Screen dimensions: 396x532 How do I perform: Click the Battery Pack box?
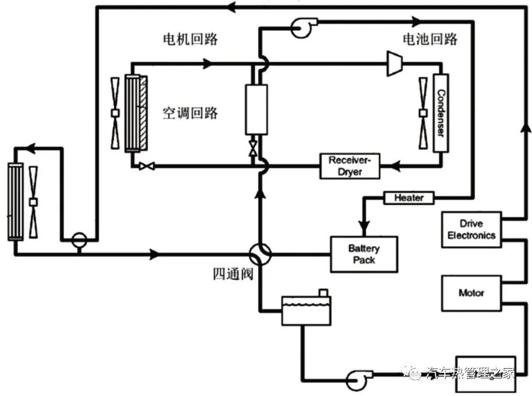364,254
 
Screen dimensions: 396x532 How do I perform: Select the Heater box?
409,198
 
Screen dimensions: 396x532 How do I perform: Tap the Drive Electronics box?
471,229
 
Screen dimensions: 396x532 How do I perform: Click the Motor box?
471,293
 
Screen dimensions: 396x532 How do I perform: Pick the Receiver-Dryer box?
350,166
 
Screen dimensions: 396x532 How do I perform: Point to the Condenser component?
441,113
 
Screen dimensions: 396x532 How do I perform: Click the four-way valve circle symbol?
259,254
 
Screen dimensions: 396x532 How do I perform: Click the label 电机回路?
189,39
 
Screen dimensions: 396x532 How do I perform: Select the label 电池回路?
430,39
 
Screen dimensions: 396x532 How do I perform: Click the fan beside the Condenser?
423,113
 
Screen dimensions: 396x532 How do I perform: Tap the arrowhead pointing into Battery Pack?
365,229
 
